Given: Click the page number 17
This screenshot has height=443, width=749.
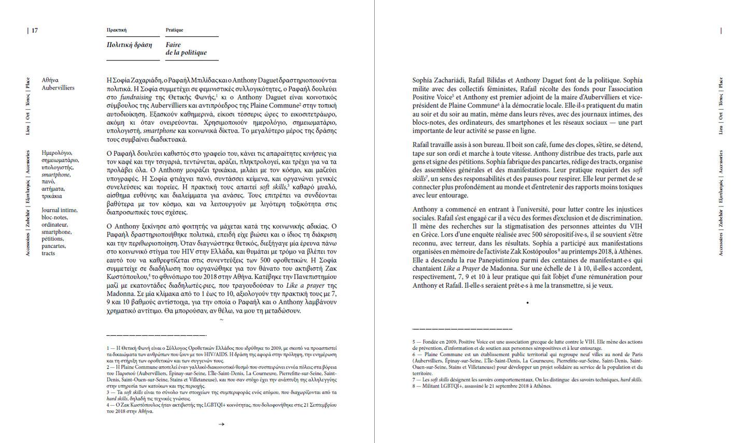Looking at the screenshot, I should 35,31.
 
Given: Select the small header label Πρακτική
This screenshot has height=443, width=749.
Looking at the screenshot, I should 117,30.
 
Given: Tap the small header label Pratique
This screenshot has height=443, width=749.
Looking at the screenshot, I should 174,30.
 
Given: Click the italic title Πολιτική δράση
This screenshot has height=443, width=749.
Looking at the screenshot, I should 129,45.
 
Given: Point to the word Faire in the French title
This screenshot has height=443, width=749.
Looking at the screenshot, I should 173,45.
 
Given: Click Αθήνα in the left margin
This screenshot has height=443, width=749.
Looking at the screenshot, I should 50,80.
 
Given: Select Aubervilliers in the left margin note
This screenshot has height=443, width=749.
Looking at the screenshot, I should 58,88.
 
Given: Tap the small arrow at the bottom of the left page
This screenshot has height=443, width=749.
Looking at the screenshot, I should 221,424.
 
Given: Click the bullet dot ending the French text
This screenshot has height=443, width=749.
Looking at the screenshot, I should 527,302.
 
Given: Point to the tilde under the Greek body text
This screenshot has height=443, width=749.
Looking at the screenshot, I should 221,320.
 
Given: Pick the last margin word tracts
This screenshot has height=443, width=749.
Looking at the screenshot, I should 48,254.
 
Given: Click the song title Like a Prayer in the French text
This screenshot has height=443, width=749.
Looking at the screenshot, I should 461,269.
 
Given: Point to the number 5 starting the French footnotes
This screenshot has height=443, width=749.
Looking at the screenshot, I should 414,342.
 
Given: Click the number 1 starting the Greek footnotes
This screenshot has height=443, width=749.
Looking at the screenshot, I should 108,348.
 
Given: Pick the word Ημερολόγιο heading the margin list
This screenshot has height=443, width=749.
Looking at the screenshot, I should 57,153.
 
